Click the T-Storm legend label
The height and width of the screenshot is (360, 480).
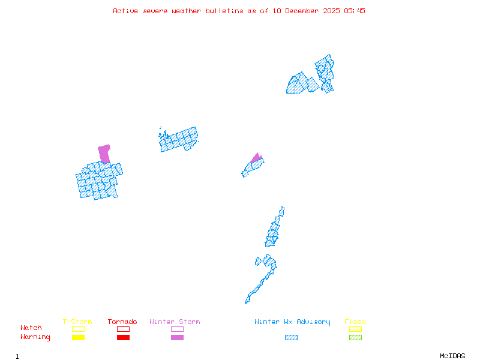pos(77,322)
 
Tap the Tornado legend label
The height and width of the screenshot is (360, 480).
pos(122,322)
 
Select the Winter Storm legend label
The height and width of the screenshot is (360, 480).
pos(175,322)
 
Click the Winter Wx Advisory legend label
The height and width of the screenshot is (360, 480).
pos(292,322)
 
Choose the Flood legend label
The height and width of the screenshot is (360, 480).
pos(355,322)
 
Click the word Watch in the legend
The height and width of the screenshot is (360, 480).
pos(31,328)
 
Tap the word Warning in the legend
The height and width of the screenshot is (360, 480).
pos(35,337)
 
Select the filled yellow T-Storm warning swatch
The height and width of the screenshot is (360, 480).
pos(78,338)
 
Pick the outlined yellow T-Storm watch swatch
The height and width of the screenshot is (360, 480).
pos(78,329)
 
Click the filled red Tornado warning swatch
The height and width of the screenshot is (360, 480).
pos(123,338)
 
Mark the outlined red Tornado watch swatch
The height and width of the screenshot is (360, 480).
pos(123,329)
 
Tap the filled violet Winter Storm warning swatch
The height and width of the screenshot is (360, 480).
pos(177,338)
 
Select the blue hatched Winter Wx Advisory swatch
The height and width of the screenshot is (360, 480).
pos(291,338)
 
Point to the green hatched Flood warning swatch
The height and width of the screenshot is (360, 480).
pos(355,338)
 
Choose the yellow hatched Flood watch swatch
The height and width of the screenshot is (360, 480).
pos(355,329)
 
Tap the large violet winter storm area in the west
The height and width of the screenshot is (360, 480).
pos(104,153)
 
